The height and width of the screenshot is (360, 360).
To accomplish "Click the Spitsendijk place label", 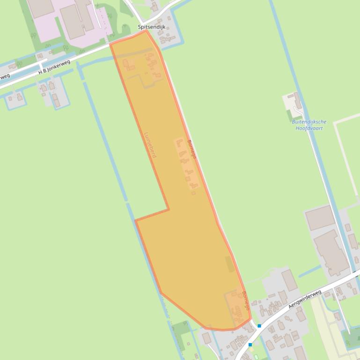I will (x=151, y=27).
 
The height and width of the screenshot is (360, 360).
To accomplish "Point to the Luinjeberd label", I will (x=150, y=144).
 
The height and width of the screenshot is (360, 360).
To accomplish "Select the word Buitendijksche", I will (x=309, y=122).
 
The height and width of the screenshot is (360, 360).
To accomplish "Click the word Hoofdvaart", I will (x=309, y=128).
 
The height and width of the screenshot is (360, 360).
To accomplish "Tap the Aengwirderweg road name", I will (x=305, y=299).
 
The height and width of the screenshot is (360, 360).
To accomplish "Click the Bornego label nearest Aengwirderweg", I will (x=246, y=301).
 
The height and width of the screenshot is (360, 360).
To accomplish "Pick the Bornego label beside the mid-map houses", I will (x=192, y=149).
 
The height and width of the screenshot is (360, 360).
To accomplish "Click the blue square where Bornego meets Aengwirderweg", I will (x=259, y=326).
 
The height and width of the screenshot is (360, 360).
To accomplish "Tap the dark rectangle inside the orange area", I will (x=230, y=264).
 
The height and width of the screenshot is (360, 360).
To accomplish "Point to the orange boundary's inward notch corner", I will (x=168, y=209).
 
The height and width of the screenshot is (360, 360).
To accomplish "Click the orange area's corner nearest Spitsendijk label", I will (x=147, y=31).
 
